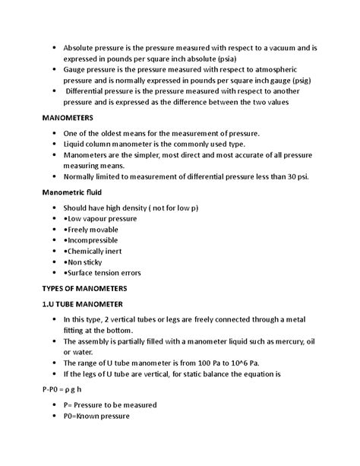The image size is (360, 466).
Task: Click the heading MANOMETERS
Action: [x=67, y=119]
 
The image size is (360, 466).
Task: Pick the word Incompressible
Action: [x=97, y=239]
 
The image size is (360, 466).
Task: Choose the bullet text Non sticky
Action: [x=87, y=261]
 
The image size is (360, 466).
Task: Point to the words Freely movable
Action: [x=95, y=228]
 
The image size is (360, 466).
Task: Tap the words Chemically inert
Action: [x=98, y=250]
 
